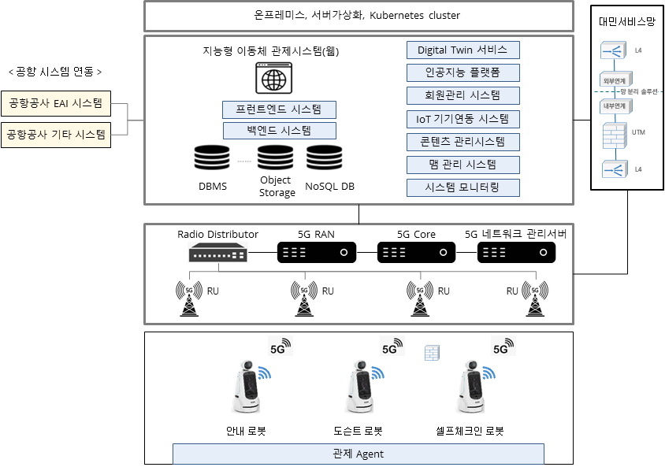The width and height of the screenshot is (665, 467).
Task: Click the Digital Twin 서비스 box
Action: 463,50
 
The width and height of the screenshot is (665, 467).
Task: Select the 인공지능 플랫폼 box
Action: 463,73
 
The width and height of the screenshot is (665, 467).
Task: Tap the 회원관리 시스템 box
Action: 463,96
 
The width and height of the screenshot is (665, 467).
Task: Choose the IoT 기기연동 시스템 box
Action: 463,119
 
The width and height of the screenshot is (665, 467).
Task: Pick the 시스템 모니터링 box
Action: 463,187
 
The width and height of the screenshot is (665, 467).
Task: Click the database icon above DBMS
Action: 211,159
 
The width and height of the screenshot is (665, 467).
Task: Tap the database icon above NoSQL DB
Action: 323,159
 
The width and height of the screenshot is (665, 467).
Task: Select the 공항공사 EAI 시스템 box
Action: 55,102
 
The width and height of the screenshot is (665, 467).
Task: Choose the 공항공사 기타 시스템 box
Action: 55,135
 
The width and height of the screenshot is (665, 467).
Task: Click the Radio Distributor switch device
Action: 217,253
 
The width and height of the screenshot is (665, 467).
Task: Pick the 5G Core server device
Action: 416,253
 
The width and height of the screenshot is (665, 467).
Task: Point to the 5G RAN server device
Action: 316,253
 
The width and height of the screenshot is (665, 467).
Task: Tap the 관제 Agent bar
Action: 358,454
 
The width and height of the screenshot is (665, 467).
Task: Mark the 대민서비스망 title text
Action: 626,23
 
